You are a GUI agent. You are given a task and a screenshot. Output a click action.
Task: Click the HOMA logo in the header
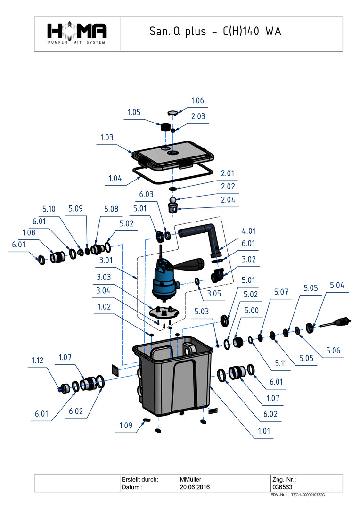[x=77, y=34]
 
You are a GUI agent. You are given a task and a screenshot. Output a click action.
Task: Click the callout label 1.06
[x=197, y=101]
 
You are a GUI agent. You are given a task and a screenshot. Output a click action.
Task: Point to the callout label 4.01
[x=249, y=231]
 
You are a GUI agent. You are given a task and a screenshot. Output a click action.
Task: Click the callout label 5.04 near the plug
[x=337, y=286]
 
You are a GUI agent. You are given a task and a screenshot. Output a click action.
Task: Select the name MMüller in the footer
[x=191, y=479]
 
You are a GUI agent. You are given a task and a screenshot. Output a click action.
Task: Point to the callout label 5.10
[x=49, y=209]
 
